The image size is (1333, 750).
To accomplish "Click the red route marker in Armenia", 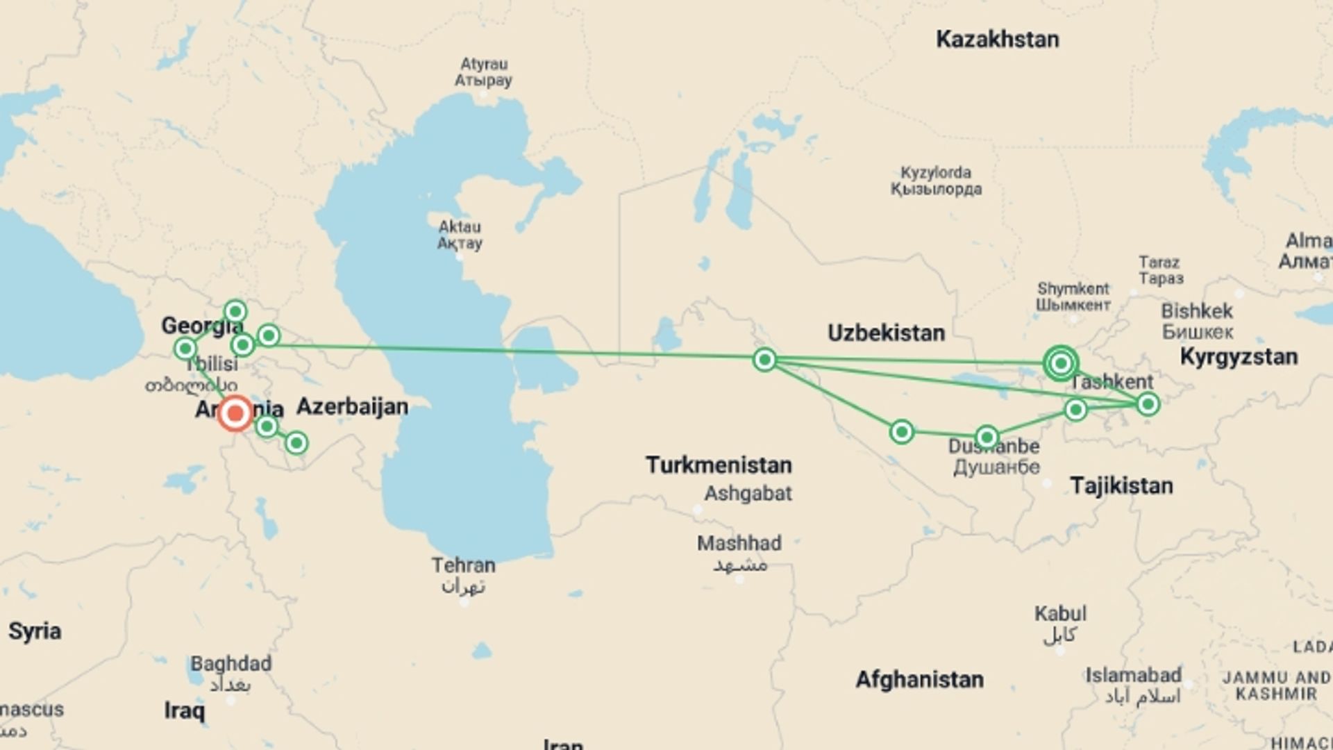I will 235,414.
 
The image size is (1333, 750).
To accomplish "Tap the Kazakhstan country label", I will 997,40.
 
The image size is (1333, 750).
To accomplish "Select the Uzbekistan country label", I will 886,333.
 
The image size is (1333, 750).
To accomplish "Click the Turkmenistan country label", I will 719,465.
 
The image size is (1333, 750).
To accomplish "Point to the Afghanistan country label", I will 919,679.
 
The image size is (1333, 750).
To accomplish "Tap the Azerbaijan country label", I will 352,406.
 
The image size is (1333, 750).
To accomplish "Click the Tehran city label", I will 463,565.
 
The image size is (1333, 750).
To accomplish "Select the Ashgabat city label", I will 748,494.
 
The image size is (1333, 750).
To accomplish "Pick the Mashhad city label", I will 739,543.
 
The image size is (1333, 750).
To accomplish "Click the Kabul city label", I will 1060,614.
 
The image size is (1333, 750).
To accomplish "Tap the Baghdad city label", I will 230,664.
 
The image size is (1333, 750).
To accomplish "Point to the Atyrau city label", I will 483,65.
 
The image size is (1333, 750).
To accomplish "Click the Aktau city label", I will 459,227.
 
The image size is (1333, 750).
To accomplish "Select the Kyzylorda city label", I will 936,173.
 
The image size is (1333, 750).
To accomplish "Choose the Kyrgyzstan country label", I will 1239,357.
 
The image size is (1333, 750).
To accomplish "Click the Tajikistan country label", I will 1121,485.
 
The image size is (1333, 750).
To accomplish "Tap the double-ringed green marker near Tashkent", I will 1060,362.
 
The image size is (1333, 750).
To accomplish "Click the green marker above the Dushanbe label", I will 987,437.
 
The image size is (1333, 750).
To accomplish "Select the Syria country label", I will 35,631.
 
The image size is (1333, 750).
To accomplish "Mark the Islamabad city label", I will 1133,675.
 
